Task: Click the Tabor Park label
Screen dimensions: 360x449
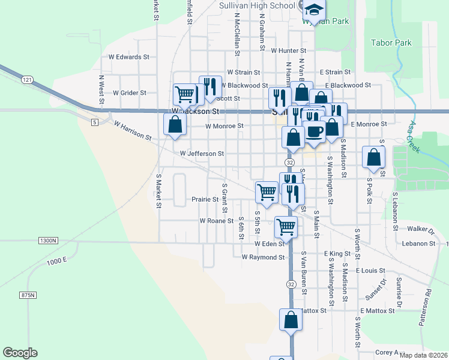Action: [391, 43]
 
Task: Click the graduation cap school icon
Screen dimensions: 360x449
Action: [314, 10]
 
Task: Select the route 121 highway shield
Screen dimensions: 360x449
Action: [26, 79]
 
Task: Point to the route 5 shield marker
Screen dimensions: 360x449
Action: [95, 122]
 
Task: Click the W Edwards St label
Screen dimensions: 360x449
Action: [129, 57]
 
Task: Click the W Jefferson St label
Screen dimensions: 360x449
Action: [202, 154]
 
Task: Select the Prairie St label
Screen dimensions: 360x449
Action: [205, 199]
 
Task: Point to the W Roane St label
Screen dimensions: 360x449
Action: [216, 221]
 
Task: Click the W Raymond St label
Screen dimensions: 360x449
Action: [262, 257]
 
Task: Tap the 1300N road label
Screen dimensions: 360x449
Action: [47, 241]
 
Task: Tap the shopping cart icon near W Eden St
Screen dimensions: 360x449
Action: [286, 227]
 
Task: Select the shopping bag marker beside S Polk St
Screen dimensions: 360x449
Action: [373, 157]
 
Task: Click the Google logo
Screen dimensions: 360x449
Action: [20, 353]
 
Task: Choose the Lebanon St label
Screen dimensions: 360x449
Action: [419, 244]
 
